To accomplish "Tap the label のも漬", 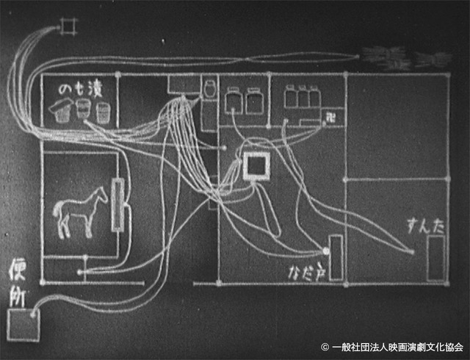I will [78, 91].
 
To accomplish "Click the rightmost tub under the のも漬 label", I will [104, 112].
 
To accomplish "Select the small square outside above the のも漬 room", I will [68, 27].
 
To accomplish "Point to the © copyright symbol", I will [325, 346].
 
